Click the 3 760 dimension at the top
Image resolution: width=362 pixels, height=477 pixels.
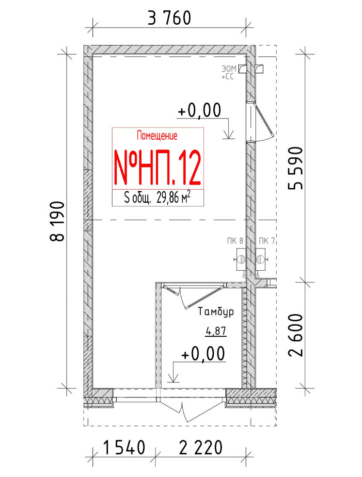click(x=170, y=18)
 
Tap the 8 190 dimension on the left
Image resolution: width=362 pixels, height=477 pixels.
click(x=57, y=221)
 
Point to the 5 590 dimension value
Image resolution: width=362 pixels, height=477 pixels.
click(x=296, y=168)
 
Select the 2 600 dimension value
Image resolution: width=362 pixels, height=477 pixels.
click(x=296, y=335)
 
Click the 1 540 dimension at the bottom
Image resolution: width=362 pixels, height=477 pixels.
click(x=124, y=448)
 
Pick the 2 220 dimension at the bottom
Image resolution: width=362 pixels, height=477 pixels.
click(x=201, y=448)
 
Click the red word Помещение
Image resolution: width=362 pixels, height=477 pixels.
click(x=157, y=135)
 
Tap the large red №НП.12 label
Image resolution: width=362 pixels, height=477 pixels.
click(x=157, y=167)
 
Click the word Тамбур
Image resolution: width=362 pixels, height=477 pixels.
click(x=216, y=312)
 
